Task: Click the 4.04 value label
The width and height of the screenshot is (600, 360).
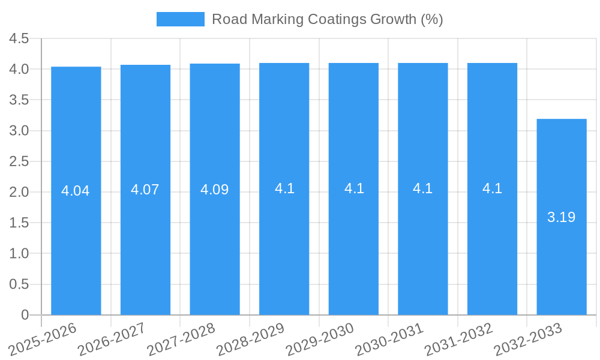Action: (x=76, y=191)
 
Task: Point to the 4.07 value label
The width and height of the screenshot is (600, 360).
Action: (x=145, y=190)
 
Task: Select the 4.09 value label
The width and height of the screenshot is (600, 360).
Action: (x=215, y=190)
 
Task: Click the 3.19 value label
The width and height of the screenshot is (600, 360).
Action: (x=561, y=217)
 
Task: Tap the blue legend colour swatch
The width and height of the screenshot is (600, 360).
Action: (x=180, y=19)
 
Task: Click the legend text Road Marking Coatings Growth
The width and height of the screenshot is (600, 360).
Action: (x=327, y=19)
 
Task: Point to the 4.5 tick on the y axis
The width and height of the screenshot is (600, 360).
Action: (x=19, y=38)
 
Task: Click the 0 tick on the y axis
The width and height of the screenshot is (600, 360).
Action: (x=25, y=315)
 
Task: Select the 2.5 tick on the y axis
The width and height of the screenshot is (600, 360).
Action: (x=19, y=161)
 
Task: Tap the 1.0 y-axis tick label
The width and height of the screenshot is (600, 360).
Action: (x=19, y=254)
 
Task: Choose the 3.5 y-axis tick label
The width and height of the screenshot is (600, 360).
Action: (x=19, y=100)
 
